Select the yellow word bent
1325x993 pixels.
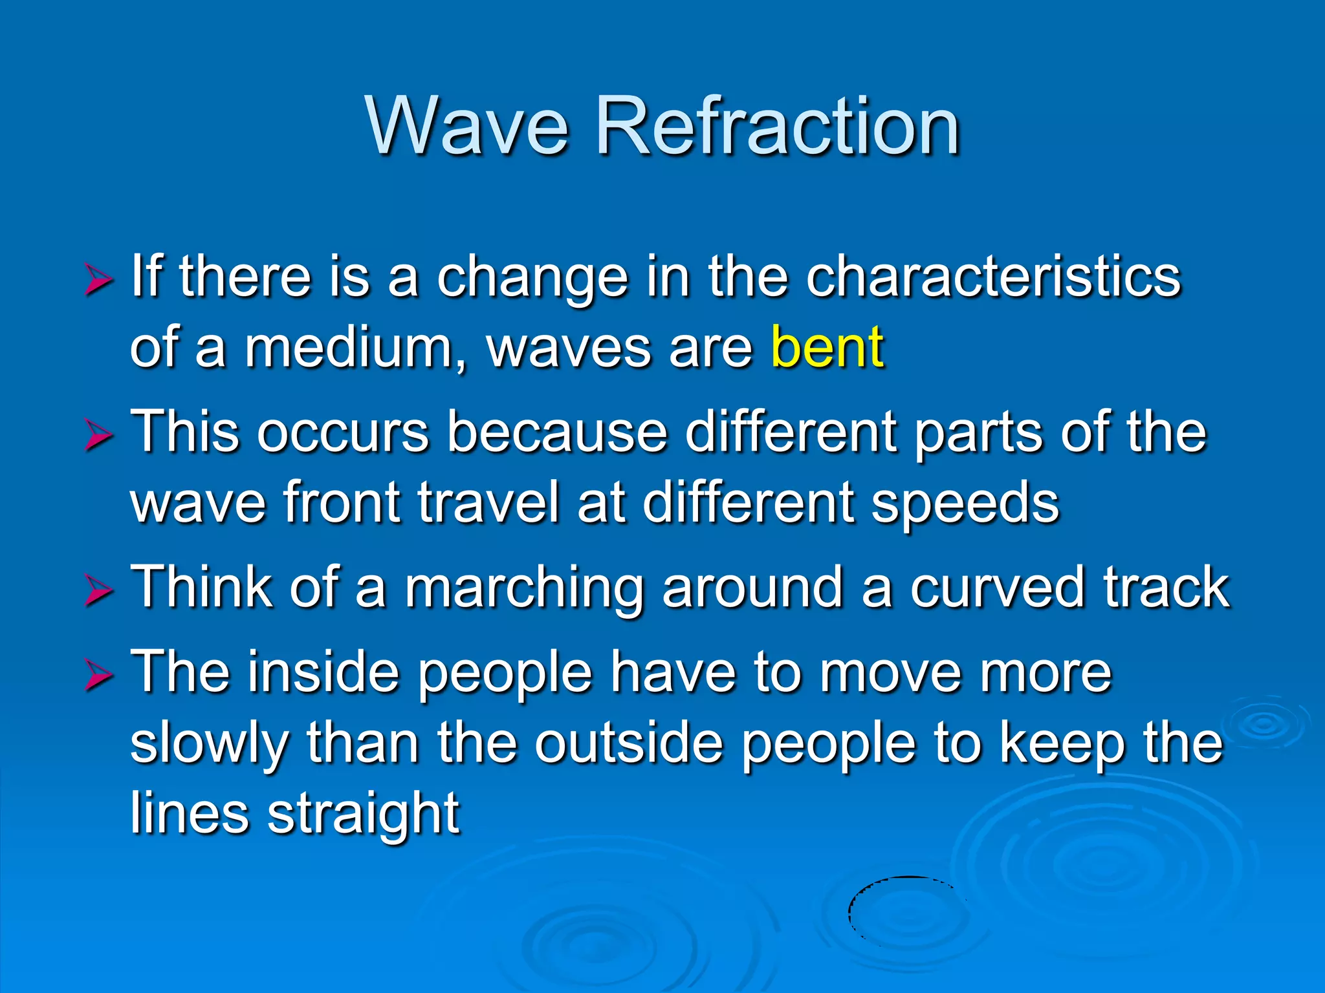point(827,347)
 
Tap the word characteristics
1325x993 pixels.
point(994,277)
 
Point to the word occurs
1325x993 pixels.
point(343,432)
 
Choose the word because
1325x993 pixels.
point(557,432)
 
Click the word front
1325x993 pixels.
point(342,502)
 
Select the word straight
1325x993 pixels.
point(364,814)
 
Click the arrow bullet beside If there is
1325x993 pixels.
point(98,281)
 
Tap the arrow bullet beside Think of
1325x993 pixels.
point(98,592)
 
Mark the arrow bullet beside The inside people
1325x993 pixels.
point(98,677)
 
